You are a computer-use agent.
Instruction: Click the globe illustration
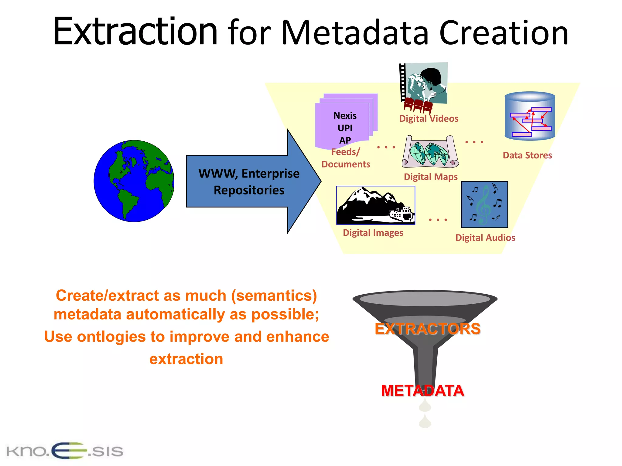point(134,181)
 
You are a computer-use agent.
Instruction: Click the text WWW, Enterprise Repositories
point(249,182)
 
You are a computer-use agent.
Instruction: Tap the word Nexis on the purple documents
point(345,116)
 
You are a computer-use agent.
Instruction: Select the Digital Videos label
point(429,119)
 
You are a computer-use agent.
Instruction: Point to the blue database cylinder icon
point(530,116)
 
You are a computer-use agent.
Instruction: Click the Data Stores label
point(527,155)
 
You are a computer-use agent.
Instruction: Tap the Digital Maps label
point(430,177)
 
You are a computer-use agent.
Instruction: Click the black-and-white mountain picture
point(375,205)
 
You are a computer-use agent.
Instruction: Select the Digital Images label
point(373,233)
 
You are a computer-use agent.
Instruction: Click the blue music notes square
point(484,204)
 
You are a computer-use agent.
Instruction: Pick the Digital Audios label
point(485,238)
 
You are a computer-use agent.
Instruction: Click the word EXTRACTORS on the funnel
point(427,329)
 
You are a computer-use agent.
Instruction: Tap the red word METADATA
point(422,390)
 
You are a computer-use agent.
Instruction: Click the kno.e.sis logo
point(65,451)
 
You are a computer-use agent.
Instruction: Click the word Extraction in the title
point(135,32)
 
